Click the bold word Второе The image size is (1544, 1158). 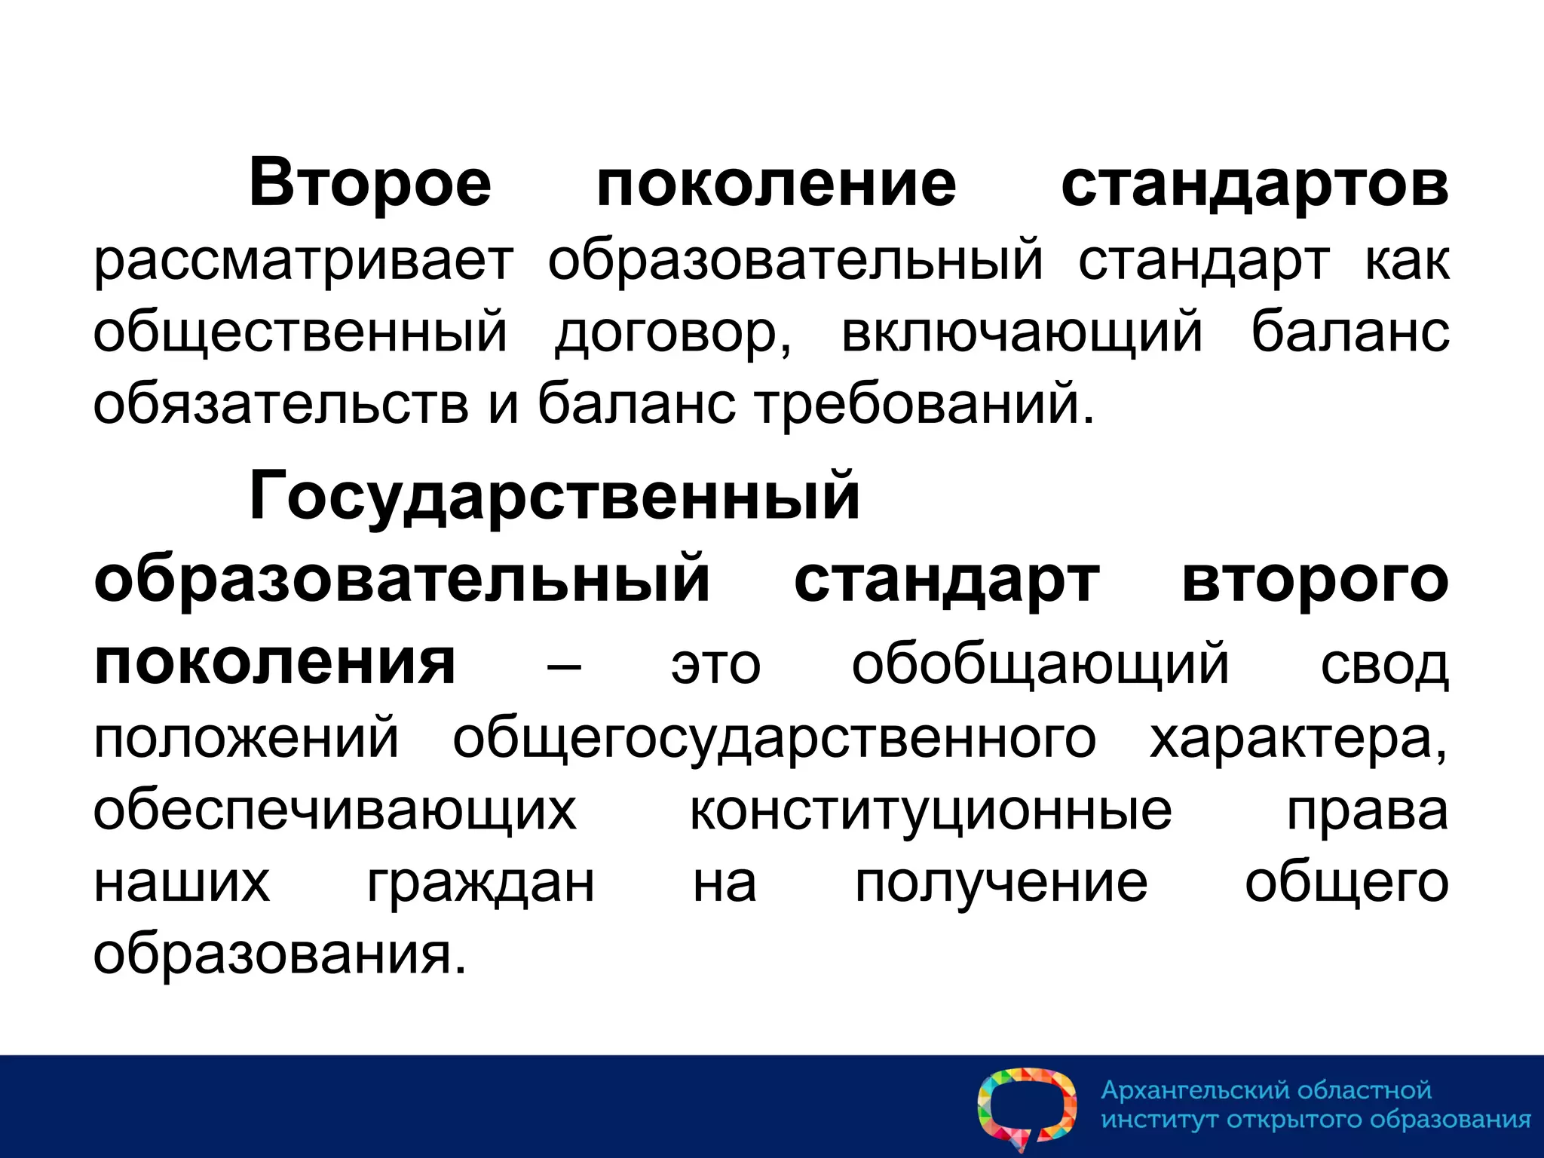tap(369, 183)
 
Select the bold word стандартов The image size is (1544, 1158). tap(1254, 183)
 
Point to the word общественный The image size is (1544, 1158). tap(300, 332)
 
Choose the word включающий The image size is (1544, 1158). tap(1022, 332)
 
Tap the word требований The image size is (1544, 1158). tap(924, 403)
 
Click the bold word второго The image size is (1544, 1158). tap(1315, 581)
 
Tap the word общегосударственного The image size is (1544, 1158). tap(774, 738)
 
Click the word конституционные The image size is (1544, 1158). tap(931, 810)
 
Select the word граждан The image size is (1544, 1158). tap(481, 883)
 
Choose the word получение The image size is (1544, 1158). tap(1000, 883)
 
